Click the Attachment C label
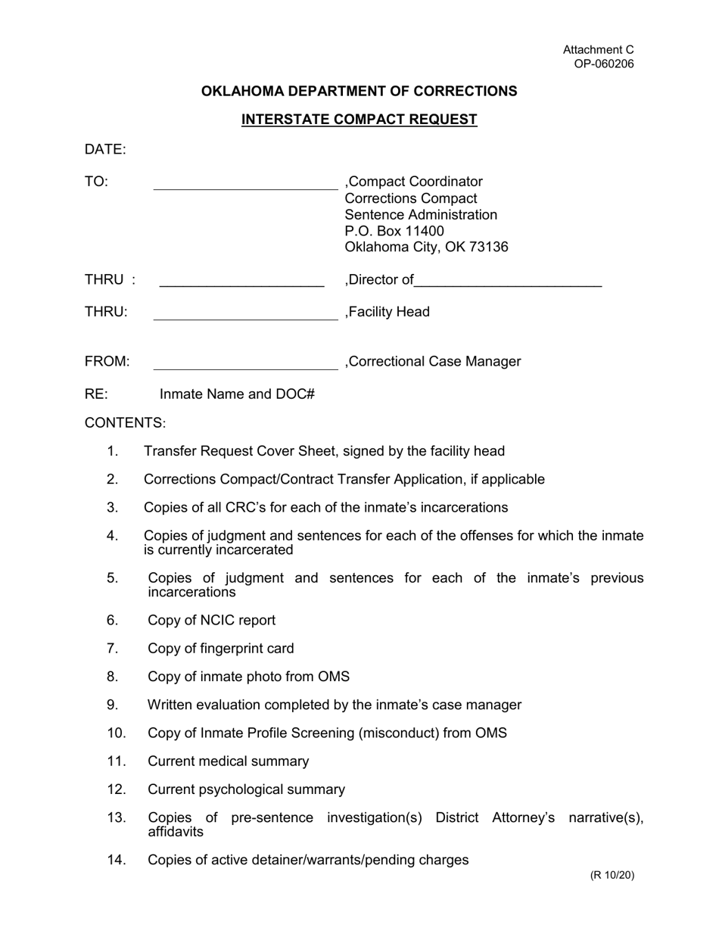tap(598, 50)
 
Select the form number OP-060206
tap(603, 64)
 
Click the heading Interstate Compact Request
tap(359, 120)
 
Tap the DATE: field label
tap(105, 150)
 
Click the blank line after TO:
tap(245, 185)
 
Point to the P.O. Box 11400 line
tap(394, 231)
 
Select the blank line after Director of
tap(508, 284)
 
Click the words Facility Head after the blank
tap(389, 312)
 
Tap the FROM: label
tap(107, 362)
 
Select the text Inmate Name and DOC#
tap(237, 394)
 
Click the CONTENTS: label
tap(125, 423)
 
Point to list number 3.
tap(113, 507)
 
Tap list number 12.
tap(116, 789)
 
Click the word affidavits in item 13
tap(176, 832)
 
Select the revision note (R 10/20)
tap(612, 876)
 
